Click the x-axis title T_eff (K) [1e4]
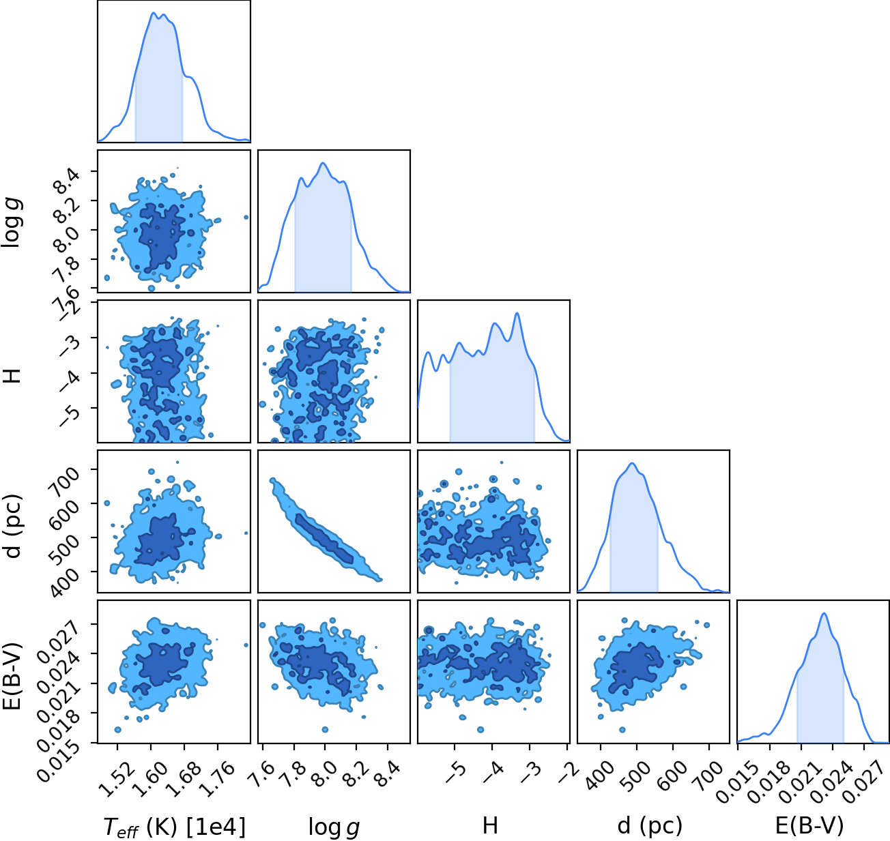tap(174, 826)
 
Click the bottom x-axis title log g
tap(334, 827)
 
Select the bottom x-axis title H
tap(490, 825)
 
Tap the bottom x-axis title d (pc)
tap(650, 826)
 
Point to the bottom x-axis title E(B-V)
tap(809, 825)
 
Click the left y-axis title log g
tap(12, 222)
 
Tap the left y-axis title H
tap(12, 376)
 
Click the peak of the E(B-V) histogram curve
tap(824, 613)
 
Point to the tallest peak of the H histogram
tap(517, 313)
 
